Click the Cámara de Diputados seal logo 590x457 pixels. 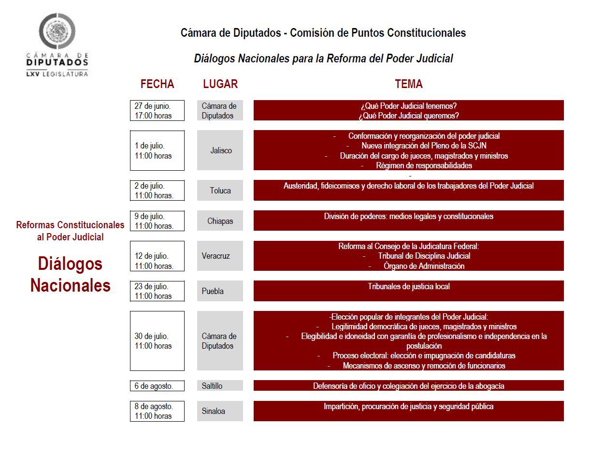[x=57, y=31]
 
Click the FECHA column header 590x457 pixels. [x=157, y=84]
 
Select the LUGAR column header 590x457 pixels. [x=220, y=84]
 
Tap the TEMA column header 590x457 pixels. [x=408, y=84]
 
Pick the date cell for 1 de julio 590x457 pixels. [x=157, y=150]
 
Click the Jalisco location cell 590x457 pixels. [x=220, y=150]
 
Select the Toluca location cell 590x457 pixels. [x=220, y=191]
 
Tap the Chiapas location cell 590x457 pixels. [x=220, y=221]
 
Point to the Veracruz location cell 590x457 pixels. [x=220, y=256]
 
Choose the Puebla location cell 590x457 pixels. [x=220, y=291]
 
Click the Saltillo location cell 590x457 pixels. [x=220, y=386]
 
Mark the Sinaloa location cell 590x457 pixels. [x=220, y=411]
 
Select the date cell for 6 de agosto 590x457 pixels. [x=157, y=386]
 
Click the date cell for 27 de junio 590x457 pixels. [x=157, y=111]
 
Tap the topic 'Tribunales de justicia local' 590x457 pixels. [x=408, y=286]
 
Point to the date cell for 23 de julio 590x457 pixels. [x=157, y=291]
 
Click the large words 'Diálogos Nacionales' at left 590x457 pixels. [x=71, y=274]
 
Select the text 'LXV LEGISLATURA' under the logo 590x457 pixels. [x=57, y=74]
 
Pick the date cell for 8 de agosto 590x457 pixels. [x=157, y=411]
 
